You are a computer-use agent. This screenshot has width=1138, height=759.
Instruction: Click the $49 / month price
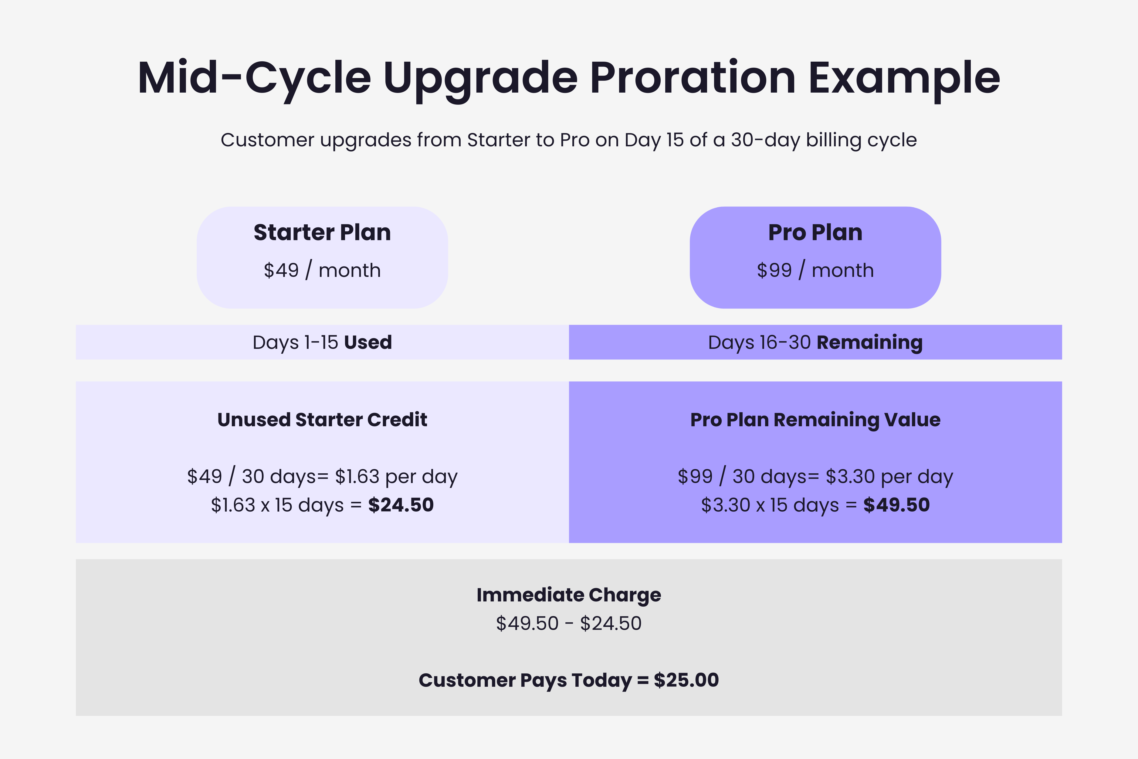coord(322,270)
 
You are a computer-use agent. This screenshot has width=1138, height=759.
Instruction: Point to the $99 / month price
coord(815,270)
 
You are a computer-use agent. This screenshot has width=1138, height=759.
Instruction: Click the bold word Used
coord(368,342)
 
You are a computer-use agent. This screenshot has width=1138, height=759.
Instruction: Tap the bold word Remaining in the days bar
coord(869,342)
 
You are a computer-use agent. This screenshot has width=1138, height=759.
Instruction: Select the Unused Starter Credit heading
coord(322,420)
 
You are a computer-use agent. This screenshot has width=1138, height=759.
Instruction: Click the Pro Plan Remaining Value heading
coord(815,420)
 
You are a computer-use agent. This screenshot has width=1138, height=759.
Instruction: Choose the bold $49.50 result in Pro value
coord(896,505)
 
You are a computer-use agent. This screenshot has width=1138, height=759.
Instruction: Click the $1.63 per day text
coord(396,477)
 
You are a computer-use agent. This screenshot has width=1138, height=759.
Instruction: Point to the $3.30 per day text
coord(889,477)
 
